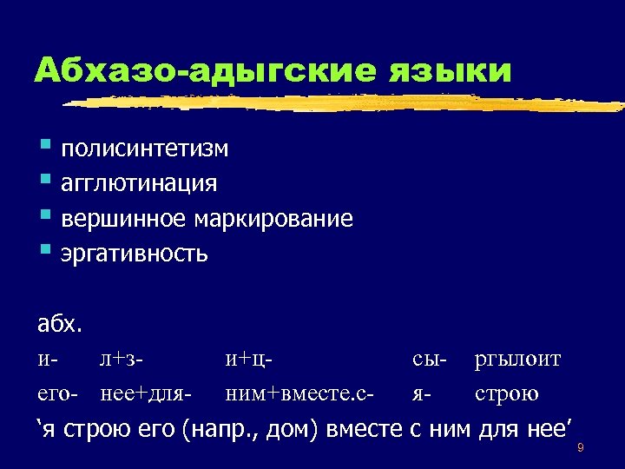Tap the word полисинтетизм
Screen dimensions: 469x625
[x=145, y=149]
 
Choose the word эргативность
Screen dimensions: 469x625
[x=135, y=253]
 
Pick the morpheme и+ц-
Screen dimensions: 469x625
[x=250, y=359]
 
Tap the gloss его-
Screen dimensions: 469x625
[x=58, y=394]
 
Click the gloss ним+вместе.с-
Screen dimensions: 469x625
[x=299, y=393]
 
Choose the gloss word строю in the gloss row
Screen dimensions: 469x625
[x=507, y=394]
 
